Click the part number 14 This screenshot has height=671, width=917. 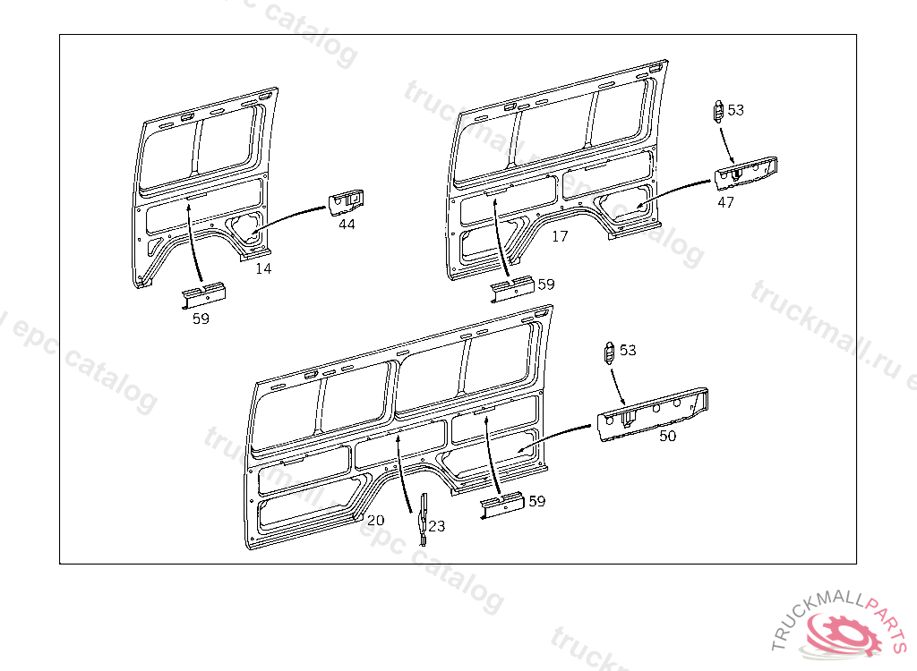tap(263, 269)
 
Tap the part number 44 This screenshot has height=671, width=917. tap(347, 225)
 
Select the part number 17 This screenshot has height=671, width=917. tap(560, 236)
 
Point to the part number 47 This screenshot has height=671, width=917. tap(725, 202)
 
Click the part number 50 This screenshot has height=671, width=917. tap(667, 436)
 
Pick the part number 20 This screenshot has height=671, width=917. tap(375, 520)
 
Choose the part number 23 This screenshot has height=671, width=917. tap(436, 526)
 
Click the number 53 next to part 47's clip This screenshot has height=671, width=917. tap(736, 110)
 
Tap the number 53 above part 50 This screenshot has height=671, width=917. tap(628, 350)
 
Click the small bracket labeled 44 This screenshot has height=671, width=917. tap(346, 203)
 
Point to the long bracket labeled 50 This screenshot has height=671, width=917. tap(653, 414)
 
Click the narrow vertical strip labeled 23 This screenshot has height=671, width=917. tap(423, 520)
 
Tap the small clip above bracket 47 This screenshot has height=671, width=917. tap(719, 111)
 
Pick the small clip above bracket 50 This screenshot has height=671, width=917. tap(609, 353)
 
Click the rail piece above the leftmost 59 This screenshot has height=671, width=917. tap(203, 295)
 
